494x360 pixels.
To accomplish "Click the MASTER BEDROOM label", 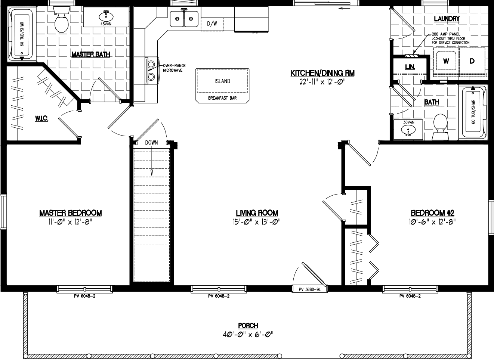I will click(71, 213).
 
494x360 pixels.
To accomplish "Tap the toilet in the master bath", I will click(61, 22).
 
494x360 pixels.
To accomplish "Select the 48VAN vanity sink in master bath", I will click(106, 17).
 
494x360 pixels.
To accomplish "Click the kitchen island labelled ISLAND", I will click(222, 81).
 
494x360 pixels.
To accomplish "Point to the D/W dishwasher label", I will click(212, 24).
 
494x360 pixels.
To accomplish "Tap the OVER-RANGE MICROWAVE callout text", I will click(172, 68).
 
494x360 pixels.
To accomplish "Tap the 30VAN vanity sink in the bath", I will click(408, 130).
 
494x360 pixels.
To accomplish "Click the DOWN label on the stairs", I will click(152, 143).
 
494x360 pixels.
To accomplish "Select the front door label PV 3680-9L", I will click(310, 289).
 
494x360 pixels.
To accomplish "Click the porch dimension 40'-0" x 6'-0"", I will click(248, 334).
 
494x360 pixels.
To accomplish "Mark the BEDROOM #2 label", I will click(432, 213).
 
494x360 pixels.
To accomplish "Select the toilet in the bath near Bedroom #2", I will click(440, 125).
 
